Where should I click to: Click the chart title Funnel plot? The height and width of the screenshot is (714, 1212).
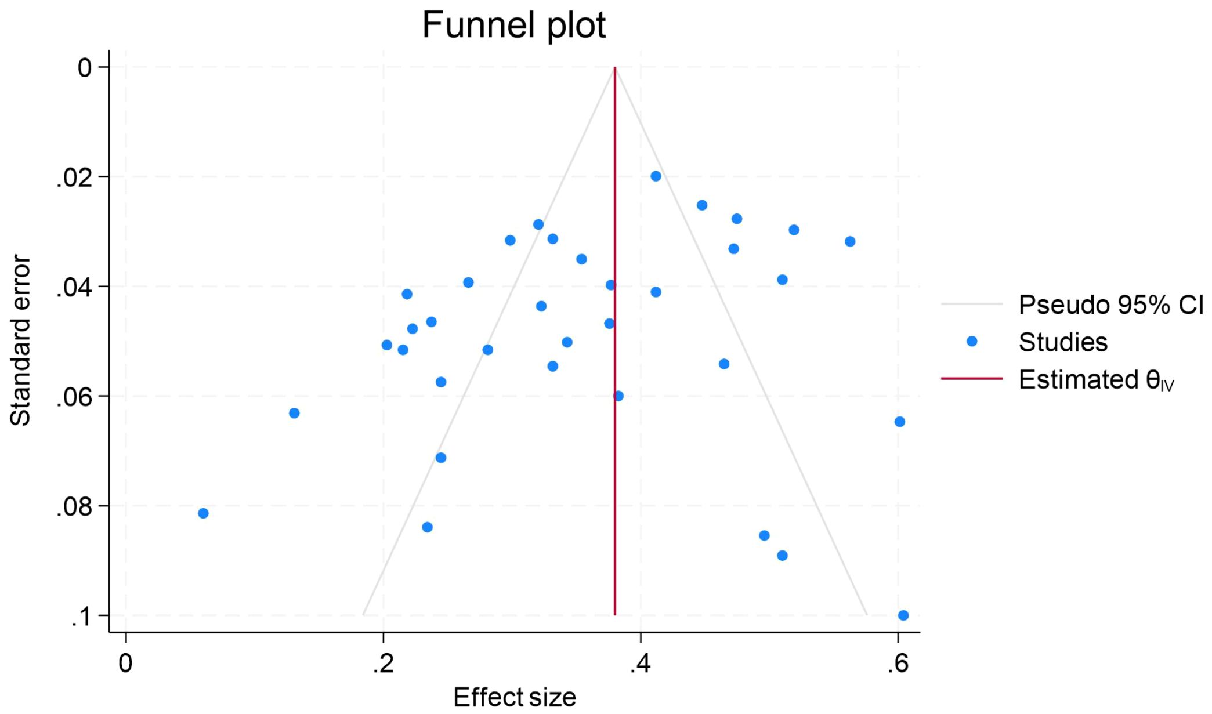coord(513,25)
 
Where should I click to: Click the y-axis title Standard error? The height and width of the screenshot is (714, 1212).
coord(20,341)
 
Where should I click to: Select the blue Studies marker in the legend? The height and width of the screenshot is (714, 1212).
coord(972,341)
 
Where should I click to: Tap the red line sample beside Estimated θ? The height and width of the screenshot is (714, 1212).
coord(972,379)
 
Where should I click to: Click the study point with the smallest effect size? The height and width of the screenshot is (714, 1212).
coord(203,513)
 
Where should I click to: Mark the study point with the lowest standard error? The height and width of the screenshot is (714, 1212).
coord(656,176)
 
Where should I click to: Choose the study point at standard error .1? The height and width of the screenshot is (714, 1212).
coord(903,615)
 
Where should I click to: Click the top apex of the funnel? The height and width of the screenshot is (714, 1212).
coord(615,68)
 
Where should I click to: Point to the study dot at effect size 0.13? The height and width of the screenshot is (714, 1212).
coord(294,413)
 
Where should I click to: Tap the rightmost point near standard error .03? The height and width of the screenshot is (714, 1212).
coord(850,241)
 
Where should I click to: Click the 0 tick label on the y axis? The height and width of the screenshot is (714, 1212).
coord(85,68)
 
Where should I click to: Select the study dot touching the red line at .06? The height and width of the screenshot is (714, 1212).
coord(618,396)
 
